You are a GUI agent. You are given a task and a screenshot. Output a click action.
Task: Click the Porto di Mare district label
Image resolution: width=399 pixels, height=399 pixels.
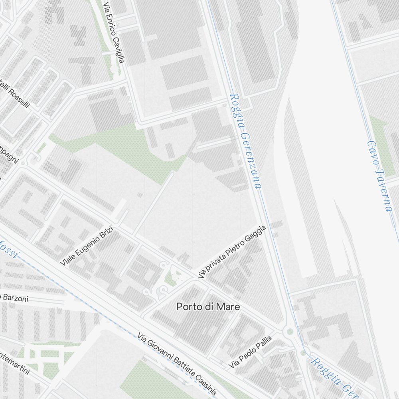(208, 307)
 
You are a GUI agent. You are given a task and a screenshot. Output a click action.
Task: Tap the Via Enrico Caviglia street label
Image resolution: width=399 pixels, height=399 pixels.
(114, 32)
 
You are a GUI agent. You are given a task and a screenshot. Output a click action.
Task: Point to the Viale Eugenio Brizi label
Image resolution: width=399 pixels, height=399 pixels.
(87, 247)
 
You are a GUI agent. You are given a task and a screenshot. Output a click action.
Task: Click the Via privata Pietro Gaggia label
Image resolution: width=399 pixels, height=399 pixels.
(232, 251)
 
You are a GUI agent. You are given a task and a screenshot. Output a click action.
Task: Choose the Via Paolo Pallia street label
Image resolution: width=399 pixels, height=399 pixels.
(250, 352)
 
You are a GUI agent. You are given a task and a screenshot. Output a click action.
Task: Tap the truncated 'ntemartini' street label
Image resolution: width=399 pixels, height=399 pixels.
(15, 363)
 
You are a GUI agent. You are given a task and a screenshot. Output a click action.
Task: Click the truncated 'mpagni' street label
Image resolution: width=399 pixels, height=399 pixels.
(9, 154)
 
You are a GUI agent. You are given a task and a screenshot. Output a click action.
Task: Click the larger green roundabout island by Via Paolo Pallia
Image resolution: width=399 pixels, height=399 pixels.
(290, 331)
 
